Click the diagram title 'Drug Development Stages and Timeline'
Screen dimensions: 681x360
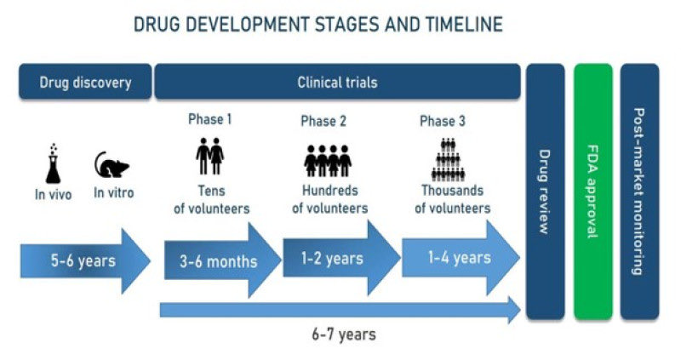pyautogui.click(x=318, y=24)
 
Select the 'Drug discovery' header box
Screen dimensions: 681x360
pyautogui.click(x=85, y=83)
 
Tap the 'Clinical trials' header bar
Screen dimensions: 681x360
pyautogui.click(x=337, y=83)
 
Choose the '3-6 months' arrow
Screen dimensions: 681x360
pyautogui.click(x=220, y=260)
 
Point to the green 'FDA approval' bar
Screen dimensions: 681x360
pyautogui.click(x=593, y=191)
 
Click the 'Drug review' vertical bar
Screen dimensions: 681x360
pyautogui.click(x=546, y=191)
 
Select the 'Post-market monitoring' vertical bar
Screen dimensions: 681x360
pyautogui.click(x=639, y=191)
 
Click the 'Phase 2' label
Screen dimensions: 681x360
pyautogui.click(x=323, y=122)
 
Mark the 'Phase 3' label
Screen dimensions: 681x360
pyautogui.click(x=443, y=122)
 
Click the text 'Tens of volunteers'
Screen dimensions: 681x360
pyautogui.click(x=210, y=199)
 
